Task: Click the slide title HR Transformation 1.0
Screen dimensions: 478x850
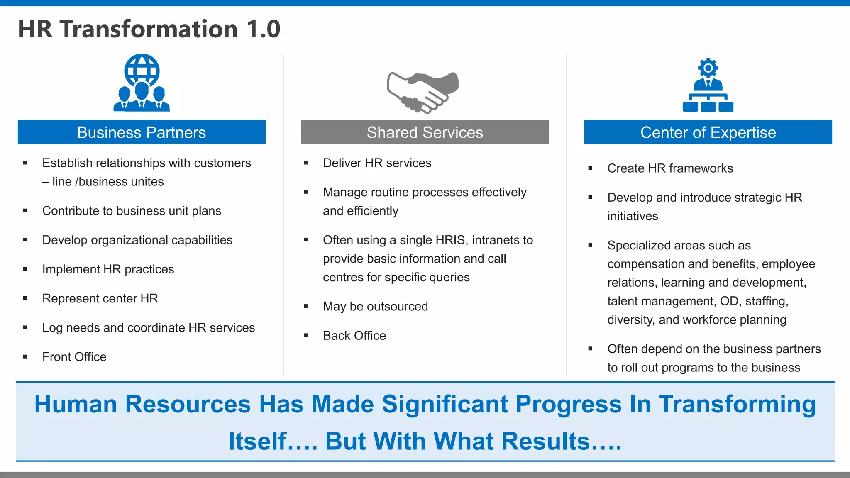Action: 149,29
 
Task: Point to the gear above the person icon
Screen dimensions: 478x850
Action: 708,68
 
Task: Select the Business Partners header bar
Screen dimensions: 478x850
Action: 142,132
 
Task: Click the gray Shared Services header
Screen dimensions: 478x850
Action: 425,132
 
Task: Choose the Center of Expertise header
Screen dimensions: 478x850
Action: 708,132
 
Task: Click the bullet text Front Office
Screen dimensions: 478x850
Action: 74,357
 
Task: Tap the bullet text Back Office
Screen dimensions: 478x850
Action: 354,336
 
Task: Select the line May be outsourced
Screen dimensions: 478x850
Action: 375,307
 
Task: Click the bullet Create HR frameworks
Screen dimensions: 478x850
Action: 670,168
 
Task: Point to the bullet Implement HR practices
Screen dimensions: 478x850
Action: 108,269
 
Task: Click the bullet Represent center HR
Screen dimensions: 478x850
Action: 100,299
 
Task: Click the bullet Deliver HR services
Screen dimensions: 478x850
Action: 377,163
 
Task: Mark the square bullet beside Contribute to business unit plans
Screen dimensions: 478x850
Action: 25,211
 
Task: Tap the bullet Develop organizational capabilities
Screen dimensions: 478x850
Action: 137,240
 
